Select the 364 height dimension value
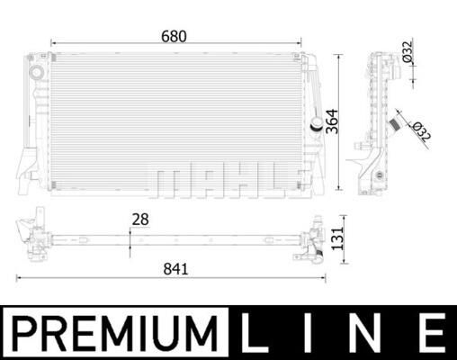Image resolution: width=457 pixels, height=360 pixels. pos(332,122)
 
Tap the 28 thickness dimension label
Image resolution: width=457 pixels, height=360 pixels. pos(139,219)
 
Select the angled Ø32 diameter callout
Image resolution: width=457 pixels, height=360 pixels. pos(418,130)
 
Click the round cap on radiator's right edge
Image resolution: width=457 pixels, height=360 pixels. pos(316,123)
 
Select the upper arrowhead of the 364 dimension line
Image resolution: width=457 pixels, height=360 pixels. pos(338,57)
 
